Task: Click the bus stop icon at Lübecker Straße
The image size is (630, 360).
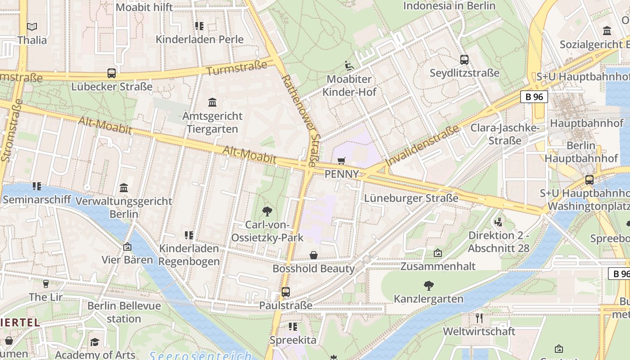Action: [x=112, y=73]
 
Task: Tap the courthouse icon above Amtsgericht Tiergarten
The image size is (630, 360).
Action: [x=212, y=103]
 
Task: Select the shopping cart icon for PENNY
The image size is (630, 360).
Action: [x=342, y=161]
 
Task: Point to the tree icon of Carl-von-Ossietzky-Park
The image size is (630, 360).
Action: [x=267, y=211]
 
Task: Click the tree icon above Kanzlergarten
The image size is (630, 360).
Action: [x=428, y=285]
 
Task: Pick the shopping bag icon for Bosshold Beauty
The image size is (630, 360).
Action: [x=314, y=255]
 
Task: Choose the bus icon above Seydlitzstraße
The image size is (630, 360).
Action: [x=464, y=59]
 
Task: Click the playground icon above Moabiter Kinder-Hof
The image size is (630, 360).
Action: [x=349, y=66]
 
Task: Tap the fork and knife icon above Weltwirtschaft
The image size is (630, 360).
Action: [x=479, y=318]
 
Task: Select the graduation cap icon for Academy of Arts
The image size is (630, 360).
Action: [x=94, y=342]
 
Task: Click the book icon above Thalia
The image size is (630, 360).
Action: [x=32, y=27]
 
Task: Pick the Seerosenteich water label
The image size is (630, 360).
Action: [x=200, y=356]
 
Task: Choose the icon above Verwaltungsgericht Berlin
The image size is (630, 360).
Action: [x=124, y=188]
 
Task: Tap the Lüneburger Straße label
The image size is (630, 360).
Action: [x=411, y=198]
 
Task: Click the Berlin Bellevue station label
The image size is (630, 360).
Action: [x=124, y=312]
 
